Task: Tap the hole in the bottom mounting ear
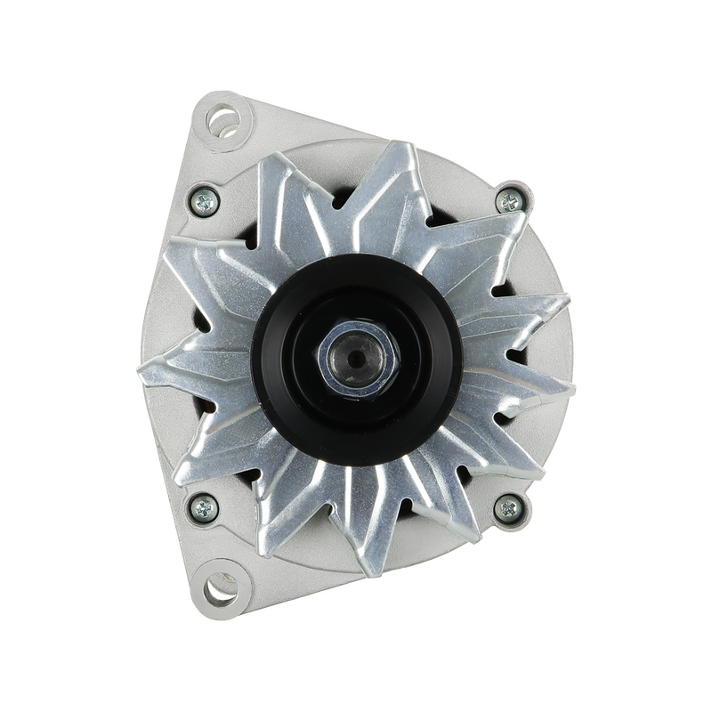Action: pos(217,588)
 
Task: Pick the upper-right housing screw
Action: pos(509,201)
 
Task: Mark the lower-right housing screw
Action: pos(509,509)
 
